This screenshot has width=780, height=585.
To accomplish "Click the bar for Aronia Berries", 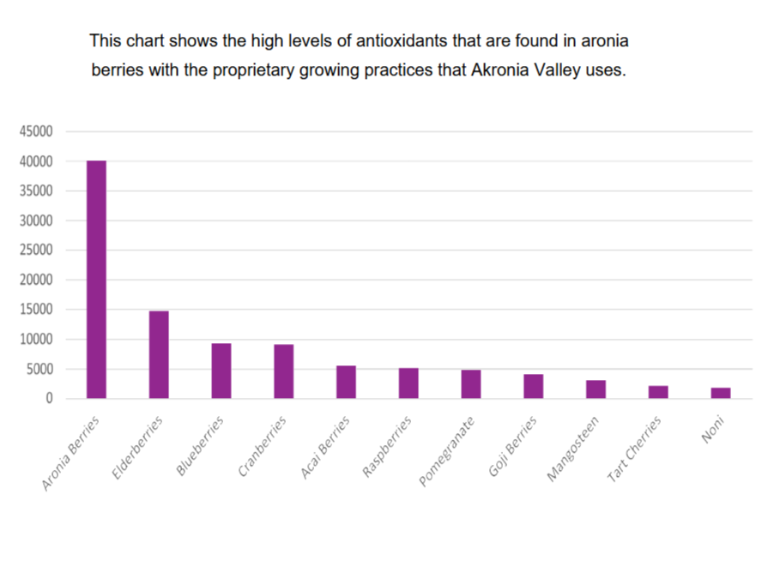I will pos(96,280).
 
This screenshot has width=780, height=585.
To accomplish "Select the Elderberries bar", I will pos(159,354).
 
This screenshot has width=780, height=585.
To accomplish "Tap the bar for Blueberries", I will pos(221,371).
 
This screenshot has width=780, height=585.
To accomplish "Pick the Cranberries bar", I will pos(284,371).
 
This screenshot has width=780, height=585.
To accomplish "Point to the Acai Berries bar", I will pos(346,382).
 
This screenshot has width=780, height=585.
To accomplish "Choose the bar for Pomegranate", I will pos(471,384).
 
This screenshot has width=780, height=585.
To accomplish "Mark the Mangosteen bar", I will pos(596,389).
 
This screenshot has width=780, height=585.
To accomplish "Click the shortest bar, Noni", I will pos(721,393).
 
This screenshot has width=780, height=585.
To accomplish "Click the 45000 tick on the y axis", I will pos(36,131).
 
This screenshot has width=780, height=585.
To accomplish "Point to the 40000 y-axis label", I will pos(36,161).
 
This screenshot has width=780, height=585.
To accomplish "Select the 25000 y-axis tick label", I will pos(36,250).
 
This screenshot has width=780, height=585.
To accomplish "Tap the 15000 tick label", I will pos(36,310).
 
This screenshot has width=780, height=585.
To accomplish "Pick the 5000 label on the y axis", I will pos(39,370).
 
